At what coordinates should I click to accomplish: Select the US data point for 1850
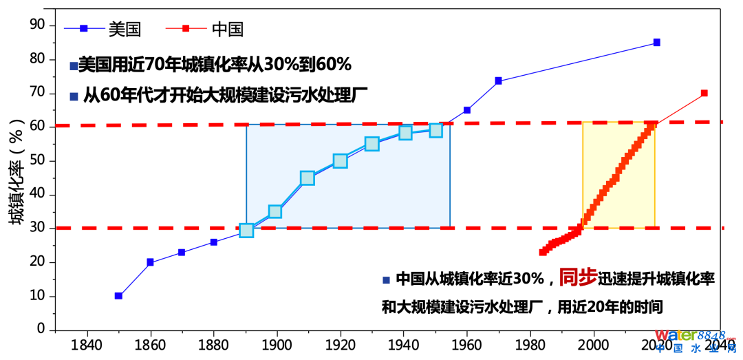pyautogui.click(x=118, y=296)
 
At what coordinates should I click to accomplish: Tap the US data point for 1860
pyautogui.click(x=150, y=262)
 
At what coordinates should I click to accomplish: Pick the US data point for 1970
pyautogui.click(x=498, y=81)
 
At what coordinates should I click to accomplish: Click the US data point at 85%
pyautogui.click(x=656, y=43)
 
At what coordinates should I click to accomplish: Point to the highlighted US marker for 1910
pyautogui.click(x=307, y=178)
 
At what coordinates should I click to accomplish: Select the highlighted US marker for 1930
pyautogui.click(x=371, y=144)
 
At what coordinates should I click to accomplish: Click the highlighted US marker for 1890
pyautogui.click(x=246, y=230)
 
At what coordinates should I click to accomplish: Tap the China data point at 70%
pyautogui.click(x=704, y=93)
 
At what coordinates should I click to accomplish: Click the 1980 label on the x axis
pyautogui.click(x=530, y=344)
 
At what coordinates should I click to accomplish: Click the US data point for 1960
pyautogui.click(x=467, y=110)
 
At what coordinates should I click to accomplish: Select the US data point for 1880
pyautogui.click(x=213, y=242)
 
